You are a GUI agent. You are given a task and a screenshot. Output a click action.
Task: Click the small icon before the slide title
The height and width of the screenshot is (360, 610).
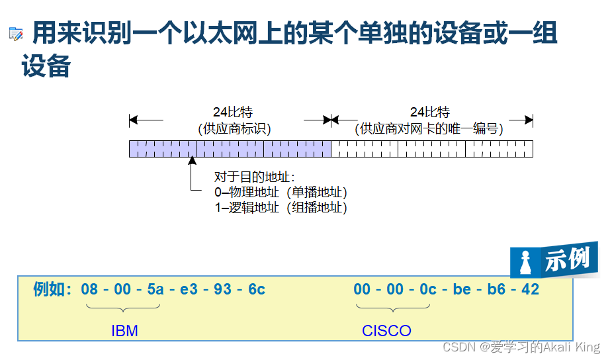click(16, 34)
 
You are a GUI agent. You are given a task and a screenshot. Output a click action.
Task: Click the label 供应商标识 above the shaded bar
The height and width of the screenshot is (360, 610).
click(234, 128)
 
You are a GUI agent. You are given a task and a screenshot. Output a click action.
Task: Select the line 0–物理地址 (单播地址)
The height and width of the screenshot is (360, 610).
click(281, 193)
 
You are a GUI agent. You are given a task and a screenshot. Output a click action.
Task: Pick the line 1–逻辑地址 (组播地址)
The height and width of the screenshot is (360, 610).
click(281, 208)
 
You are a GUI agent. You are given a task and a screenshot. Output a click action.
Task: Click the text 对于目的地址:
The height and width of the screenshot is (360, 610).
click(255, 177)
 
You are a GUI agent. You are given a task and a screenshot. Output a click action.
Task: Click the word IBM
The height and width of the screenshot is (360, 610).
click(124, 330)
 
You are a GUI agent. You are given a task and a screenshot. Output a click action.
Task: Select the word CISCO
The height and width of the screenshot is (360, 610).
click(386, 330)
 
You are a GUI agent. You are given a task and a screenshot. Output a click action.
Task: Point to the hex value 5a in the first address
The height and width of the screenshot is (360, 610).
click(155, 289)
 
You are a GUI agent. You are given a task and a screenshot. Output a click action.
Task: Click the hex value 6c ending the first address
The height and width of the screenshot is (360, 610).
click(256, 289)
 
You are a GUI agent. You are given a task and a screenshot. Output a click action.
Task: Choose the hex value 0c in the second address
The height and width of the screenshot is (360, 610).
click(428, 289)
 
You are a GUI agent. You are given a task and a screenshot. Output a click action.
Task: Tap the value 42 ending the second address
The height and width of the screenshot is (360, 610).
click(530, 289)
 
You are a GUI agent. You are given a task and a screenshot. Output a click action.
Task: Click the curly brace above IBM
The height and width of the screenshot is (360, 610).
click(123, 307)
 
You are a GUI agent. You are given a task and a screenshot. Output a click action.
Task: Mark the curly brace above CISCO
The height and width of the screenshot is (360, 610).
click(393, 307)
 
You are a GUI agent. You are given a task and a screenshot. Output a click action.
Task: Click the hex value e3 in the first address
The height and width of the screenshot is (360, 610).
click(189, 289)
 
